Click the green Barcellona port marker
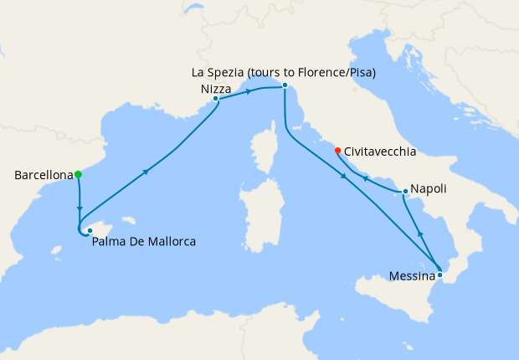[x=78, y=175]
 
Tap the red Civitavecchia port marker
[x=337, y=152]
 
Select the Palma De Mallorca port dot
[x=90, y=230]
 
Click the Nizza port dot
[x=216, y=99]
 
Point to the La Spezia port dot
[x=285, y=85]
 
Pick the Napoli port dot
[x=405, y=192]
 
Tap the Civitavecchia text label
[x=381, y=152]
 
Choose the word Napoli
[x=429, y=190]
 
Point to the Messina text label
[x=412, y=275]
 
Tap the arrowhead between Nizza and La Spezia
[x=249, y=92]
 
